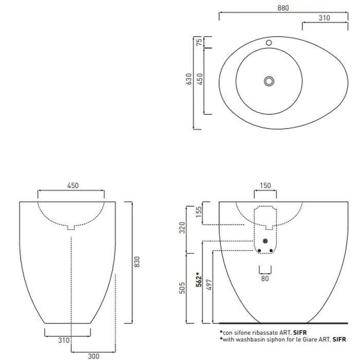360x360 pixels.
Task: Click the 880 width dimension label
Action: coord(283,8)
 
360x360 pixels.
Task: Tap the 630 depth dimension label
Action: coord(189,79)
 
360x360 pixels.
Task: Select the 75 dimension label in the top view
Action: coord(200,42)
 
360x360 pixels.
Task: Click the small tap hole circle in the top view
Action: coord(269,43)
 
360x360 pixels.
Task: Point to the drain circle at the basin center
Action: coord(269,81)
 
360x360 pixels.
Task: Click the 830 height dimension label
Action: coord(137,262)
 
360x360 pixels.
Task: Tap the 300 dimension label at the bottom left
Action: coord(94,356)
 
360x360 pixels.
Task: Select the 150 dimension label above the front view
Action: coord(265,186)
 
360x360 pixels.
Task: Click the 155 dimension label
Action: coord(199,212)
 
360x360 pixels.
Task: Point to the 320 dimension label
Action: coord(182,227)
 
